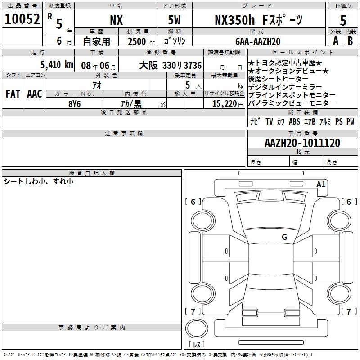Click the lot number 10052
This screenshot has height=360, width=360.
pyautogui.click(x=22, y=19)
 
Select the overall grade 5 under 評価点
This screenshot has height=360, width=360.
pyautogui.click(x=343, y=21)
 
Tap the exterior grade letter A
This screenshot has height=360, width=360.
pyautogui.click(x=336, y=41)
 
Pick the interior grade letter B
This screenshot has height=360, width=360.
pyautogui.click(x=350, y=41)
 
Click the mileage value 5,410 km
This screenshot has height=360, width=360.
pyautogui.click(x=57, y=65)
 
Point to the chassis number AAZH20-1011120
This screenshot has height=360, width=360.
pyautogui.click(x=302, y=143)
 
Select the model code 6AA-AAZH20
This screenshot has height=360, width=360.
pyautogui.click(x=258, y=41)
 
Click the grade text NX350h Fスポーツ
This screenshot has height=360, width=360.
pyautogui.click(x=259, y=20)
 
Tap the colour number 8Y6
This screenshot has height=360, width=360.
pyautogui.click(x=75, y=104)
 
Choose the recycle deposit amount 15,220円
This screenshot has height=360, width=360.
pyautogui.click(x=228, y=104)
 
